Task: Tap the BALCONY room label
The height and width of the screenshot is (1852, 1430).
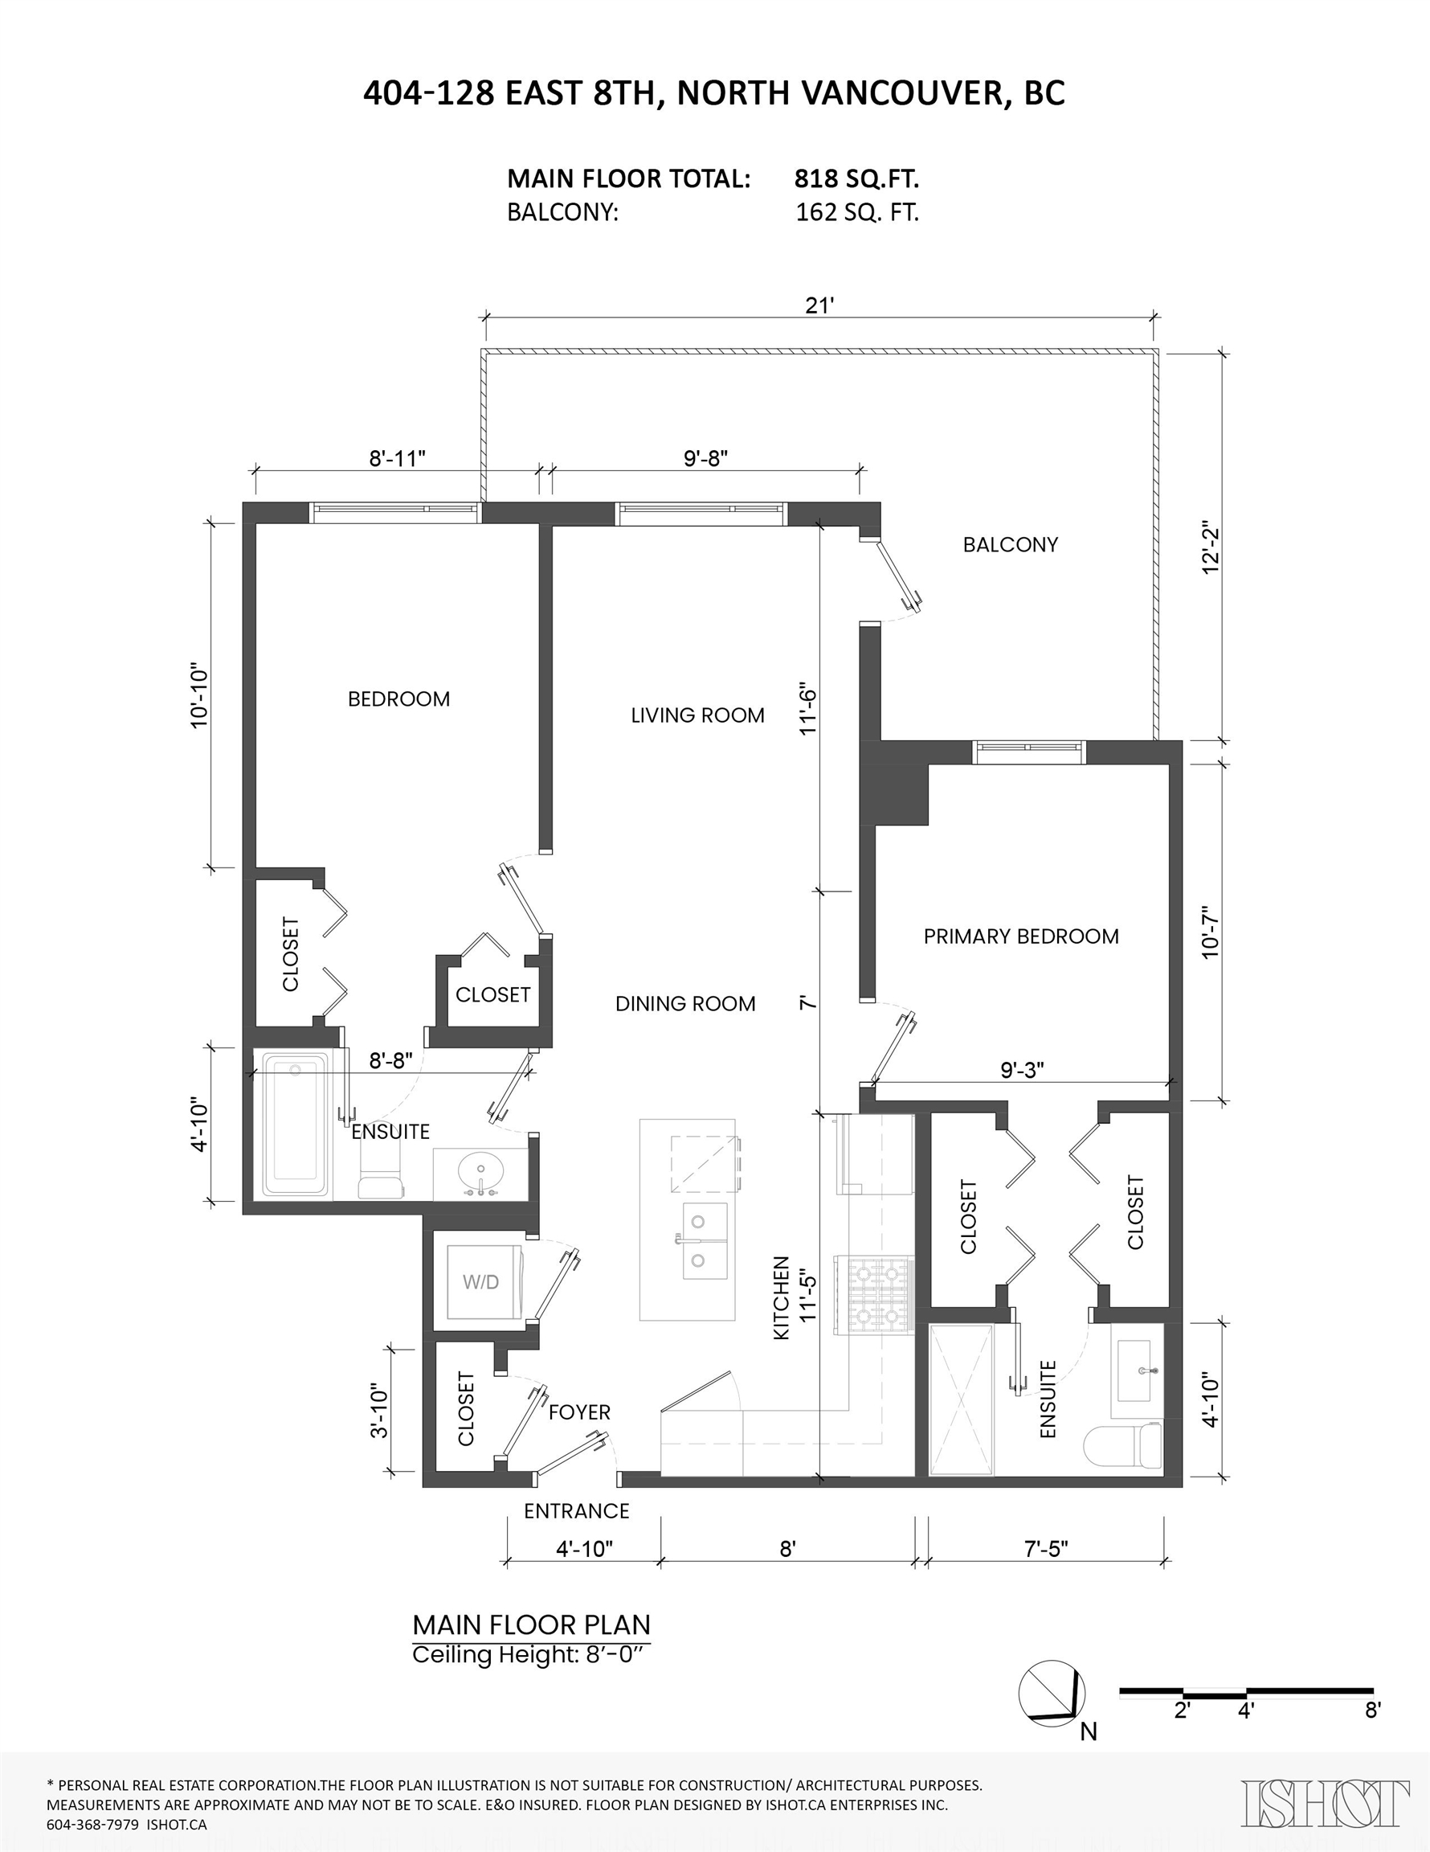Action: coord(1011,544)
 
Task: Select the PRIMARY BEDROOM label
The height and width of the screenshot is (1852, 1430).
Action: coord(1020,936)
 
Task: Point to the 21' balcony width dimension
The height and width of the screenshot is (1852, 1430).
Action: coord(819,305)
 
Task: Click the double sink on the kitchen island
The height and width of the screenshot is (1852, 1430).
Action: coord(705,1240)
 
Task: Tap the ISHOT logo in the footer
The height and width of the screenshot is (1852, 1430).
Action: coord(1326,1803)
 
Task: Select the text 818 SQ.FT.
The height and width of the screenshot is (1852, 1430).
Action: coord(857,179)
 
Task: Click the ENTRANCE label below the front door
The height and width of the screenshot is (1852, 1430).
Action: coord(576,1511)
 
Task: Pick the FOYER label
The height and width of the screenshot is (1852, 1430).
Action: coord(580,1412)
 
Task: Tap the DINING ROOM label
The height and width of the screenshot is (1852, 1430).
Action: coord(685,1004)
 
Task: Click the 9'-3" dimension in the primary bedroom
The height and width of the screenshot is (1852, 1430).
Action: coord(1022,1070)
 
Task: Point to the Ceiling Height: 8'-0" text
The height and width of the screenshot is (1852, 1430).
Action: coord(532,1654)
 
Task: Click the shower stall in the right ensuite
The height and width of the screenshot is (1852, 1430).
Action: coord(962,1400)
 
